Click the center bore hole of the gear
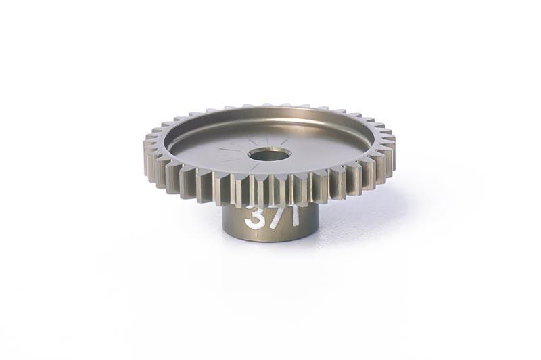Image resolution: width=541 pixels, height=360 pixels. [x=269, y=155]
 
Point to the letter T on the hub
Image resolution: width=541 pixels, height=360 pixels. [x=293, y=215]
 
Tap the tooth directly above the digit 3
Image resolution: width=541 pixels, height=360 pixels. [x=256, y=190]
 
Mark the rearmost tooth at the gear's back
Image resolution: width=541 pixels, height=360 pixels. [x=269, y=106]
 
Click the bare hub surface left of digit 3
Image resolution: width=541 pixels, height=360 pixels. [x=234, y=218]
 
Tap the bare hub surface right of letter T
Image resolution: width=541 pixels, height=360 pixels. [x=310, y=217]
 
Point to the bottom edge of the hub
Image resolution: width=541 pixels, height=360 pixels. [x=270, y=239]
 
